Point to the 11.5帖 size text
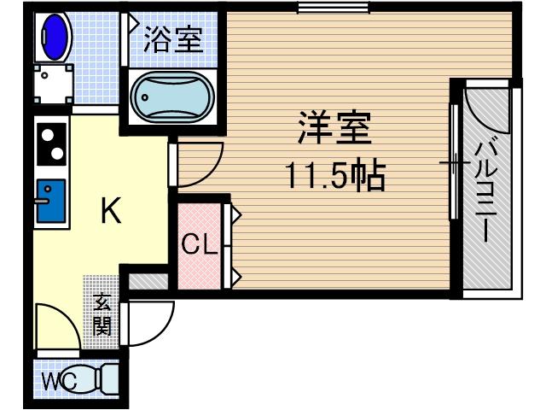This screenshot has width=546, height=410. tap(334, 178)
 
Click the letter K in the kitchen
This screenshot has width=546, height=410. tap(110, 209)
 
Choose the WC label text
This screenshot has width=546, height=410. tap(57, 382)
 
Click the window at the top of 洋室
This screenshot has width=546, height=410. tap(334, 9)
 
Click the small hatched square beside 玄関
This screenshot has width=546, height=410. tap(148, 283)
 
